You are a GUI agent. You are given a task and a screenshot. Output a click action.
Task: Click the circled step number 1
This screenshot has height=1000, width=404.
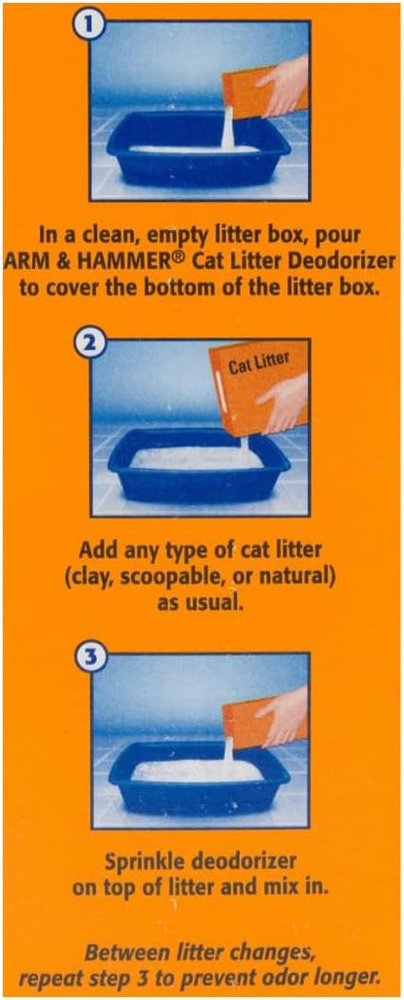[91, 26]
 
